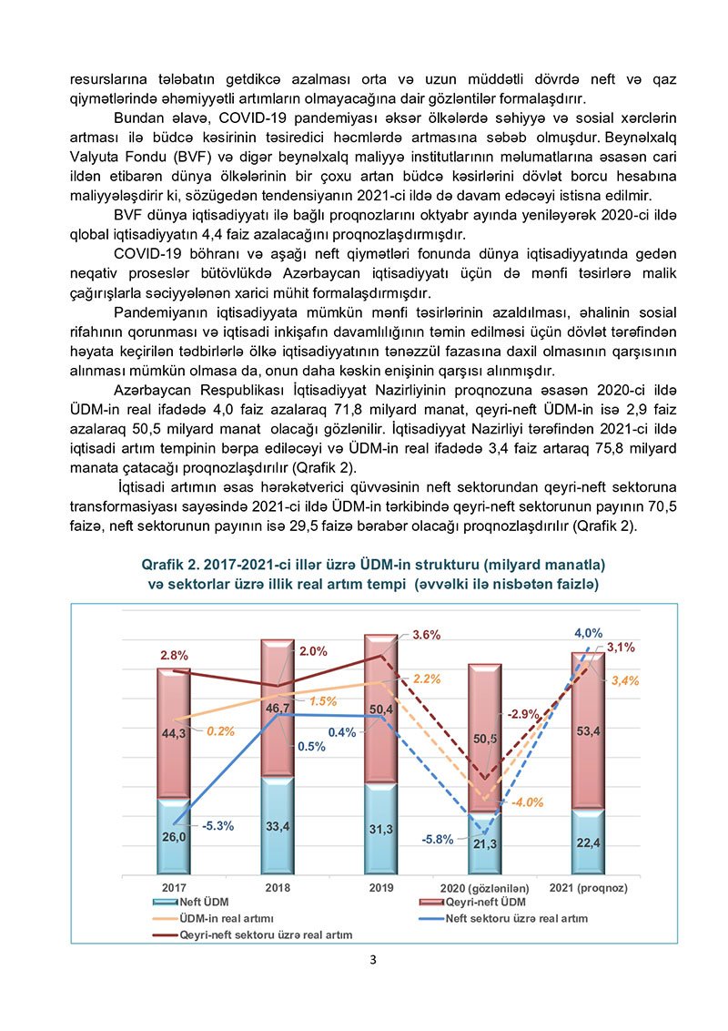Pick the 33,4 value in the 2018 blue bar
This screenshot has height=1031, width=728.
click(277, 827)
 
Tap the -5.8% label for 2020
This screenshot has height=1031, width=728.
click(438, 839)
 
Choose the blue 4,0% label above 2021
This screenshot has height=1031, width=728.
click(588, 633)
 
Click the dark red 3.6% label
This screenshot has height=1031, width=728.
click(426, 635)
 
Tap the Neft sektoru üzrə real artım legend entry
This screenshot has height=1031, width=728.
click(516, 918)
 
